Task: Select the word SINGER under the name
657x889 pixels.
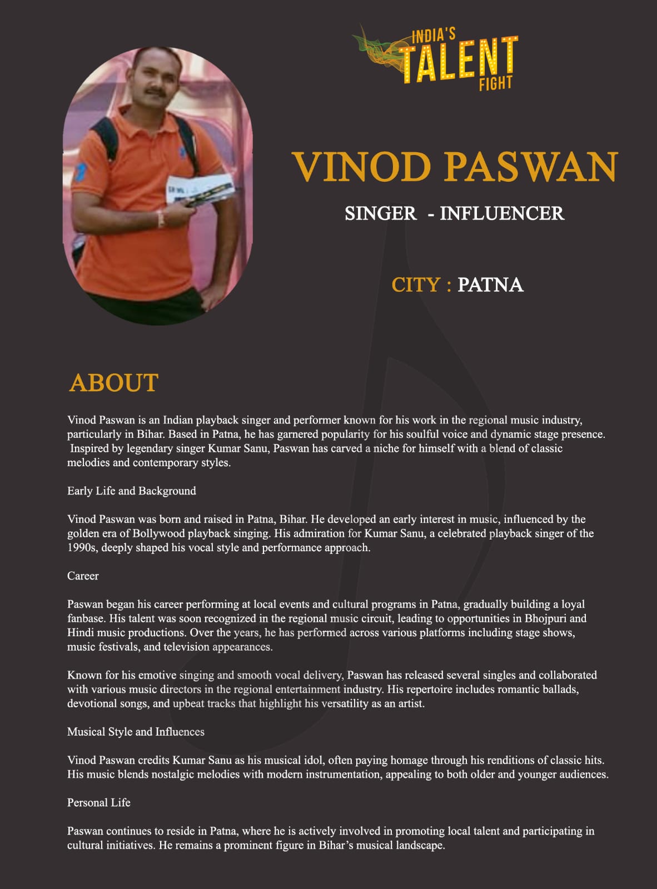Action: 380,213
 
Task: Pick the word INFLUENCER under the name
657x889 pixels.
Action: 502,213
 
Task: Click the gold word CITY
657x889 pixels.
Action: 416,285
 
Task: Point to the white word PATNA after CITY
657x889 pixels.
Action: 490,285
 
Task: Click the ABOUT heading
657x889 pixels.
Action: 114,383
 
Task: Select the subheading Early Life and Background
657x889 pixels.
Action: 132,491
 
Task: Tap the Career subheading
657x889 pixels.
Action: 83,576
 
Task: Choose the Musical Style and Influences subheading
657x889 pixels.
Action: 136,732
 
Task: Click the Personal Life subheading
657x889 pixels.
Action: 99,802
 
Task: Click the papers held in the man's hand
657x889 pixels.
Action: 200,189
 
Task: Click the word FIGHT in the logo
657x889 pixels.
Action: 495,83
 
